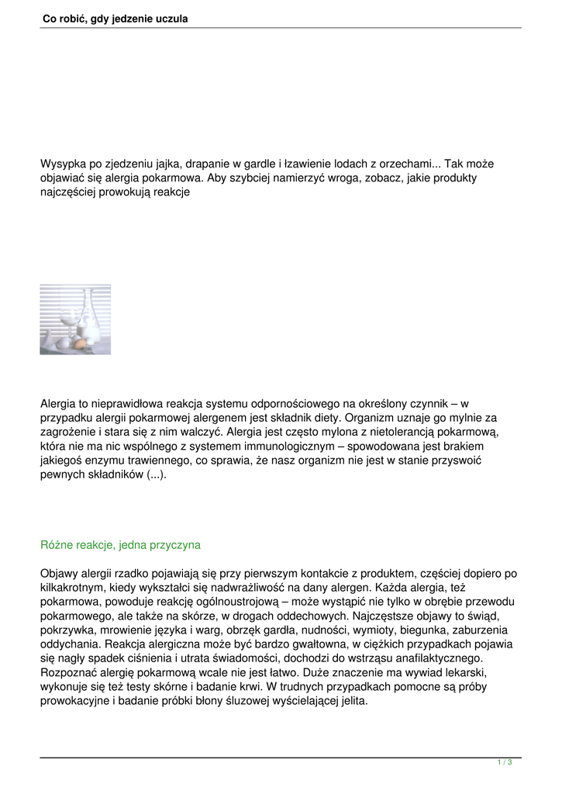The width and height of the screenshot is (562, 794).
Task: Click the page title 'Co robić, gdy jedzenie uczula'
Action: click(115, 18)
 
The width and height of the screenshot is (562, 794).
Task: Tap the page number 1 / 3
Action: click(505, 763)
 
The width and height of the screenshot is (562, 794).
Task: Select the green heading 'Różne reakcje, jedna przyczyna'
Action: click(120, 545)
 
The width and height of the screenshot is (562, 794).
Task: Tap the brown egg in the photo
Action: click(81, 342)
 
